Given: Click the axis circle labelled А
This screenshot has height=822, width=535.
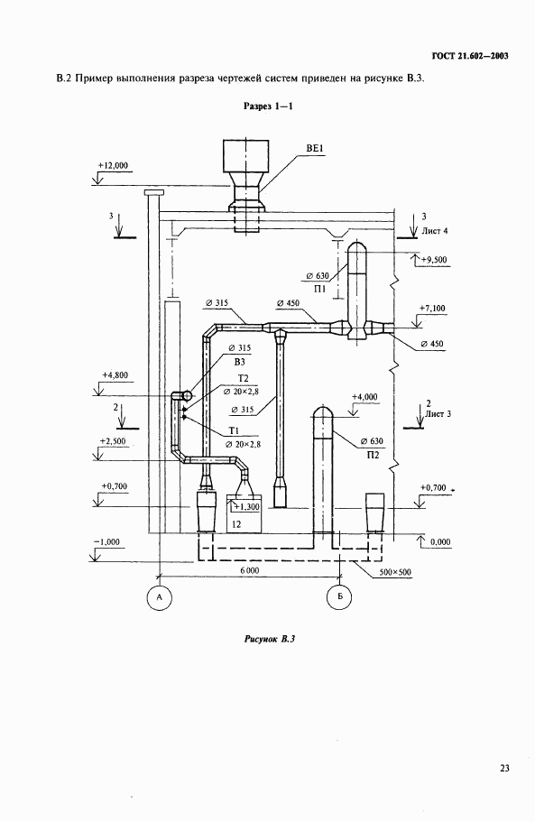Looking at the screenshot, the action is coord(160,597).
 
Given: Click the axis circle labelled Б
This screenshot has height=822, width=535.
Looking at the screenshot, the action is coord(339,597).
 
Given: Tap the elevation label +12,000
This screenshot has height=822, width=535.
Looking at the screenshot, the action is coord(113,165).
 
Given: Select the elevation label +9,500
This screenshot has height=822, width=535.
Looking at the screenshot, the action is coord(433,260).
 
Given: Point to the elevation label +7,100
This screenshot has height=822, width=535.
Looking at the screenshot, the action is coord(432,309).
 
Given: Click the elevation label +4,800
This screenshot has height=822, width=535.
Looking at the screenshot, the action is coord(115,375).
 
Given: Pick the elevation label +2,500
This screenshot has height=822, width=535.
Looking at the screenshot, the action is coord(113,441).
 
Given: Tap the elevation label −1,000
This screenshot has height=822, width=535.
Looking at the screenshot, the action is coord(106,542).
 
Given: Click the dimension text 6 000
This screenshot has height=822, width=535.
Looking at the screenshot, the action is coord(250,570).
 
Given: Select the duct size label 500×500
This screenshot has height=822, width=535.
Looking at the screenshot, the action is coord(394,572).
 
